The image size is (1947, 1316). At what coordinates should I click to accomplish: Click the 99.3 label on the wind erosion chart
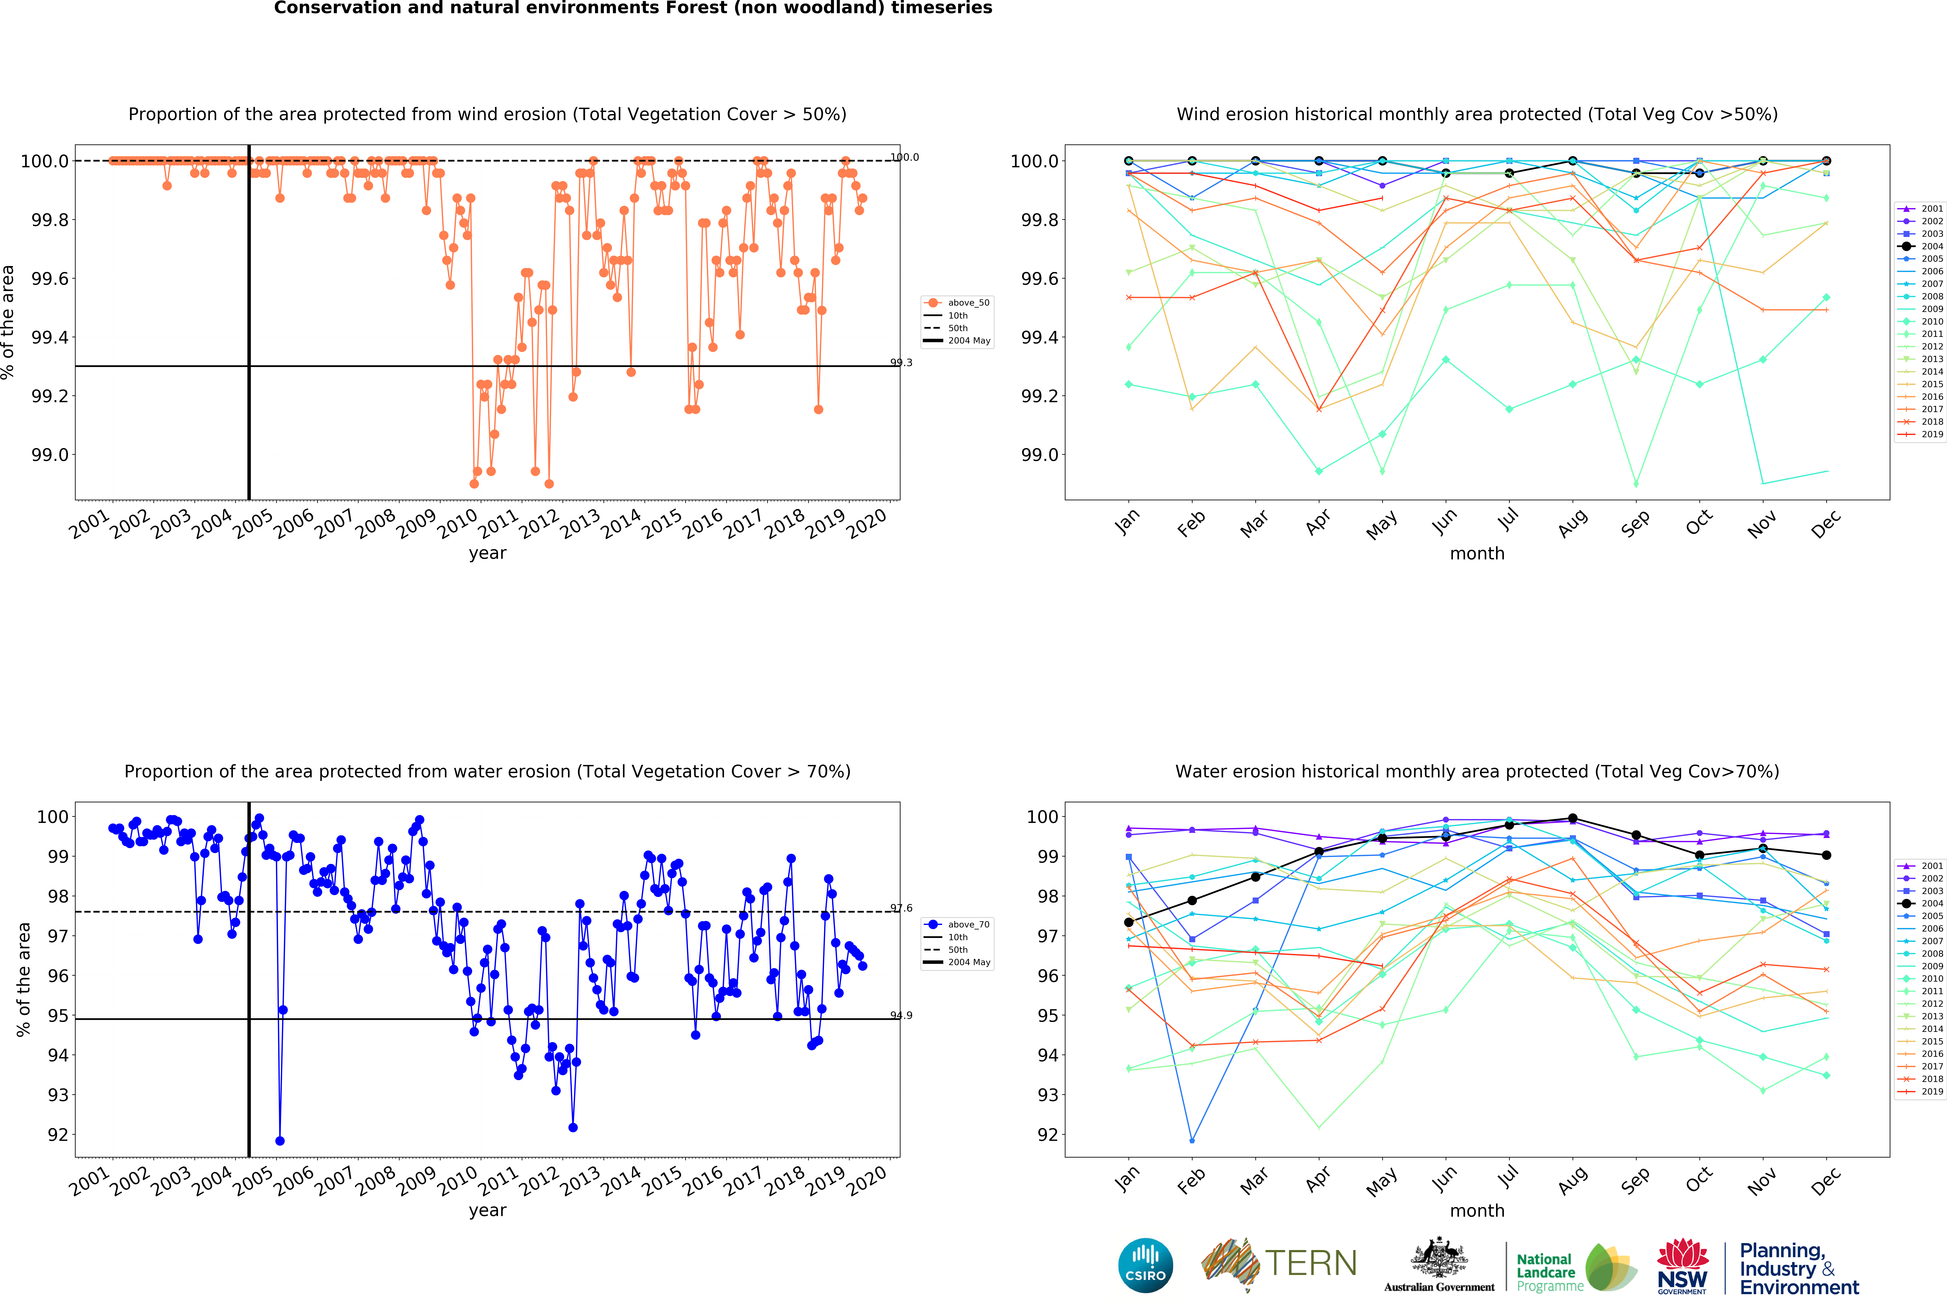[902, 363]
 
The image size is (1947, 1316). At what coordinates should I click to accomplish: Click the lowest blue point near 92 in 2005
[280, 1141]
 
